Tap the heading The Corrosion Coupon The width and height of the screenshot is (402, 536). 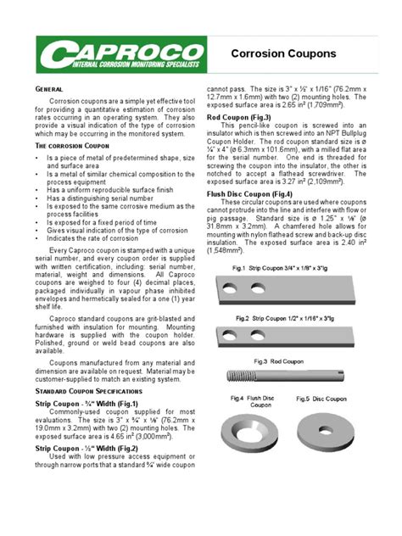[x=70, y=146]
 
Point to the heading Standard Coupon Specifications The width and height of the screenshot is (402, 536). [x=92, y=393]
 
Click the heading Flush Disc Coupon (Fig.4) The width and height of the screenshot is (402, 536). [x=255, y=193]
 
